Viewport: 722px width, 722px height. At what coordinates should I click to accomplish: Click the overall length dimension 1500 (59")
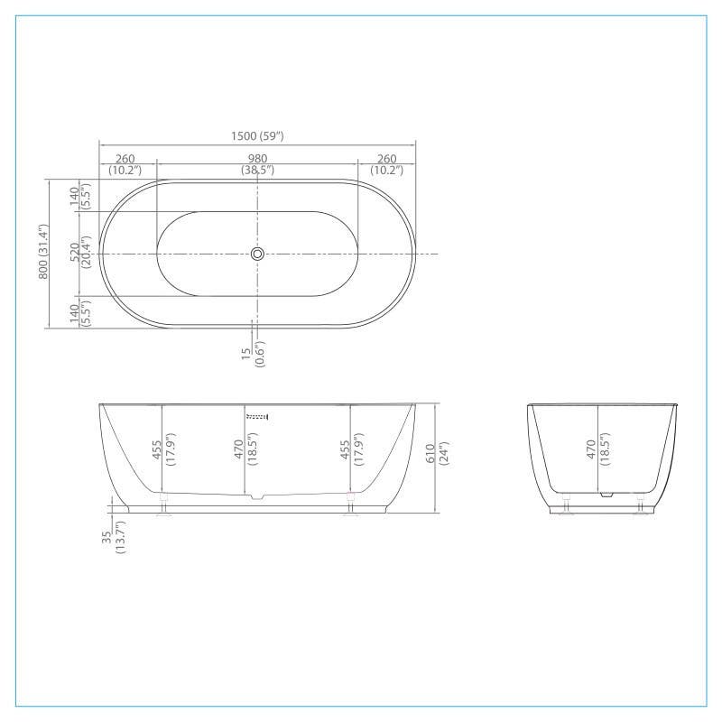coord(257,136)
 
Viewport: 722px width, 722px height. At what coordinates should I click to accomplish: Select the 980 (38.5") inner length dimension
coord(257,164)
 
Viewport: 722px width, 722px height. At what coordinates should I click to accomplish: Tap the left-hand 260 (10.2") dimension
coord(125,164)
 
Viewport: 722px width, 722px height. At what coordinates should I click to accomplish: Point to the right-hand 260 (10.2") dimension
coord(386,164)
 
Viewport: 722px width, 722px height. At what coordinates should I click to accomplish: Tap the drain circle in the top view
coord(257,255)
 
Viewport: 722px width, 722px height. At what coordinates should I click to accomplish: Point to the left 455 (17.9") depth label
coord(162,449)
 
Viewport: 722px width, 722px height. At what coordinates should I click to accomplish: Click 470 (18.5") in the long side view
coord(245,449)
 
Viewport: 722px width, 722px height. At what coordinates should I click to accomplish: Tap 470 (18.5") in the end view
coord(597,449)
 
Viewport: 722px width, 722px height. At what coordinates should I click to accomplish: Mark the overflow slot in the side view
coord(258,416)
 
